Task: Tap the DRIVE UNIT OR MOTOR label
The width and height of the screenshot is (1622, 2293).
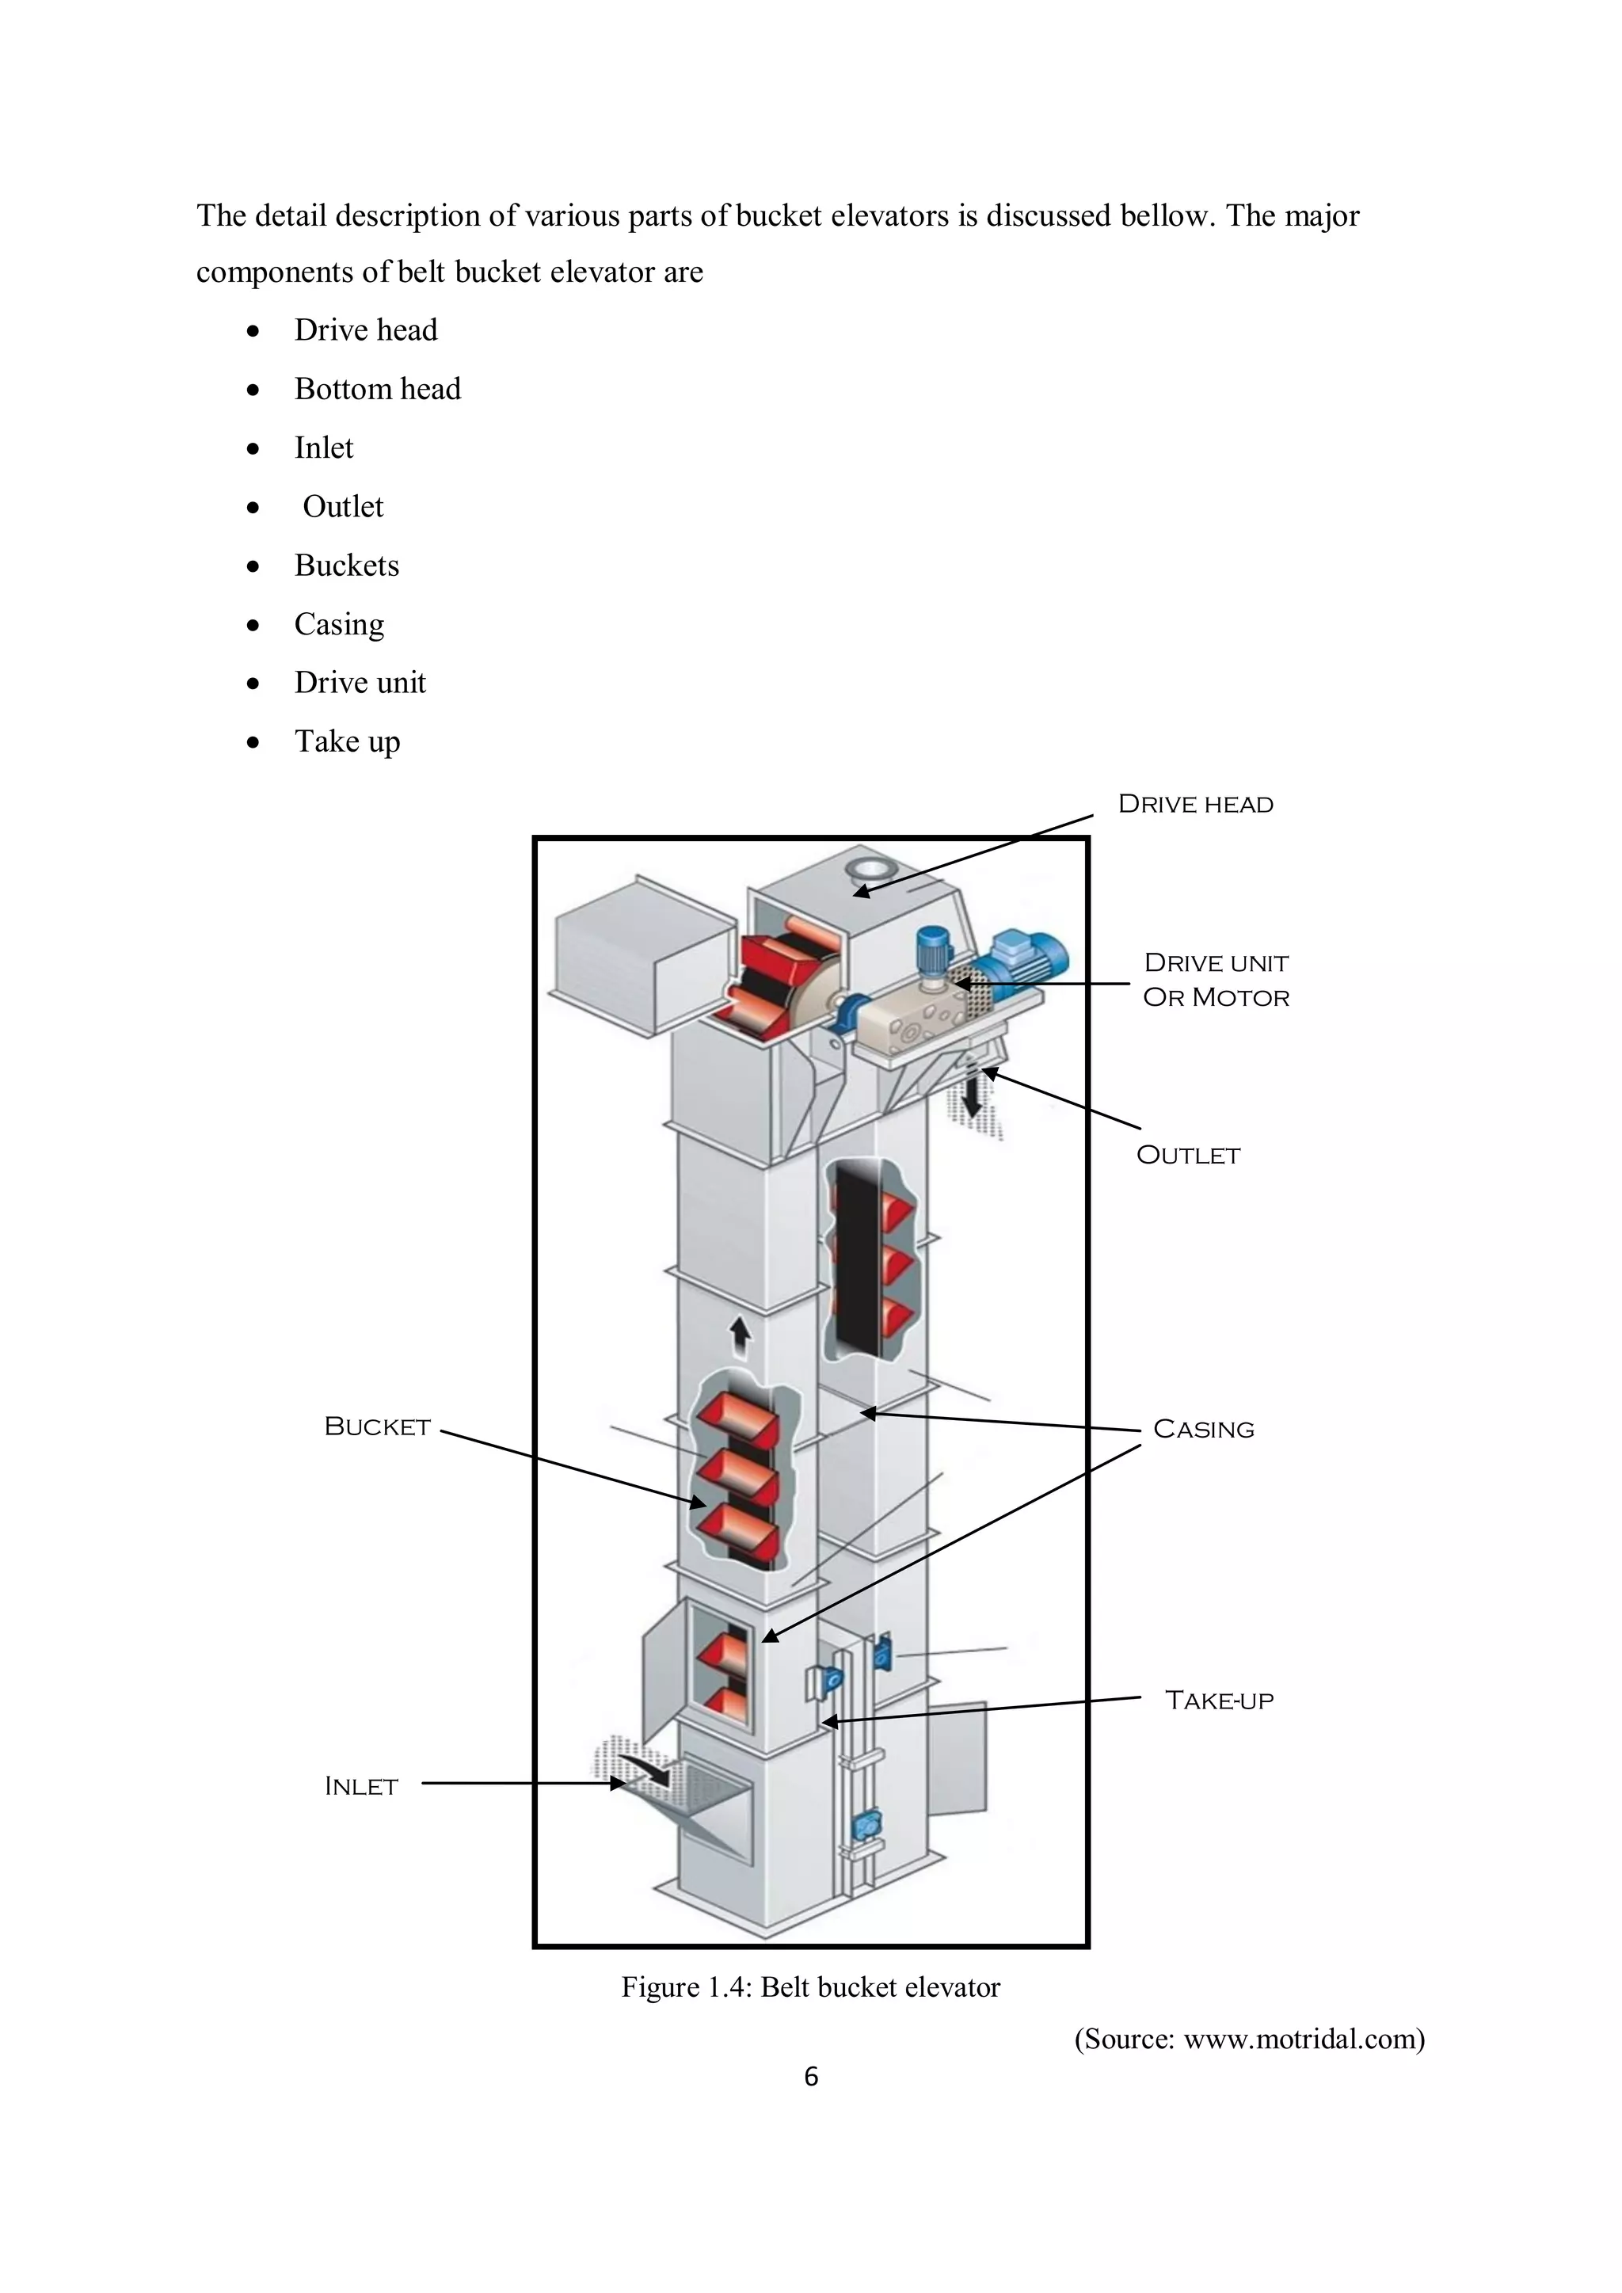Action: [1216, 980]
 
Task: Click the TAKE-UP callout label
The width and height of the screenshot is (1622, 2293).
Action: [1219, 1700]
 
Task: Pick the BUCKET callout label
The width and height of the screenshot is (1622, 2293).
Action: [378, 1426]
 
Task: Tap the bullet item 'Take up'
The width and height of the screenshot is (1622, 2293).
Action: [347, 741]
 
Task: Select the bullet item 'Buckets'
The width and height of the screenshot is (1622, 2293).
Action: [347, 566]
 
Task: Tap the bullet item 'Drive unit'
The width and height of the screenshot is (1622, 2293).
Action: [360, 682]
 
